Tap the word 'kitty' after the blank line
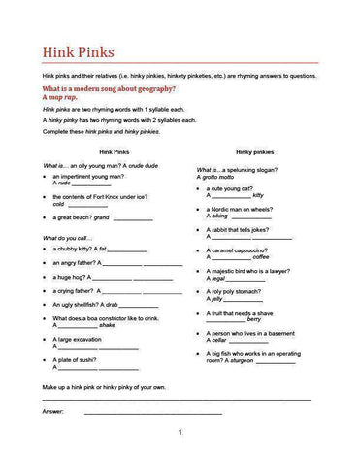(257, 195)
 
